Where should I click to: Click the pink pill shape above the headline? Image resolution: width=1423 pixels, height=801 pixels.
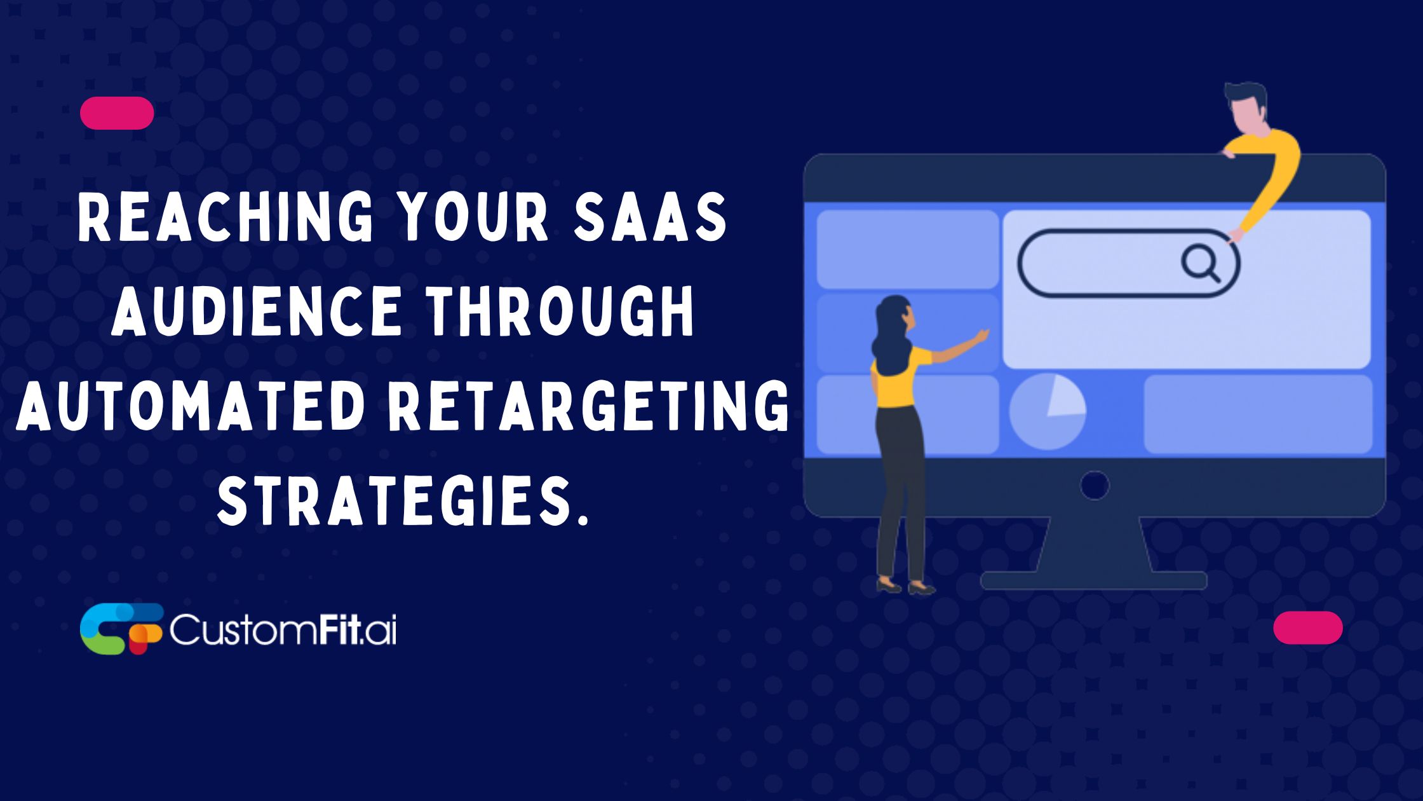[x=117, y=113]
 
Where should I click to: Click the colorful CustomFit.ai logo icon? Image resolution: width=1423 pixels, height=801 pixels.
[x=121, y=629]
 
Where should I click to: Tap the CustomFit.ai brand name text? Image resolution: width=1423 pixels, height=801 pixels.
[x=283, y=629]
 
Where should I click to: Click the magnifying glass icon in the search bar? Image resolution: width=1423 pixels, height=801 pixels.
[x=1200, y=263]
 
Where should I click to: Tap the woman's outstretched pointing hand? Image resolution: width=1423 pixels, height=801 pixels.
[x=981, y=335]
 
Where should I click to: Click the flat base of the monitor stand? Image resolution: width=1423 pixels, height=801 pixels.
[x=1093, y=580]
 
